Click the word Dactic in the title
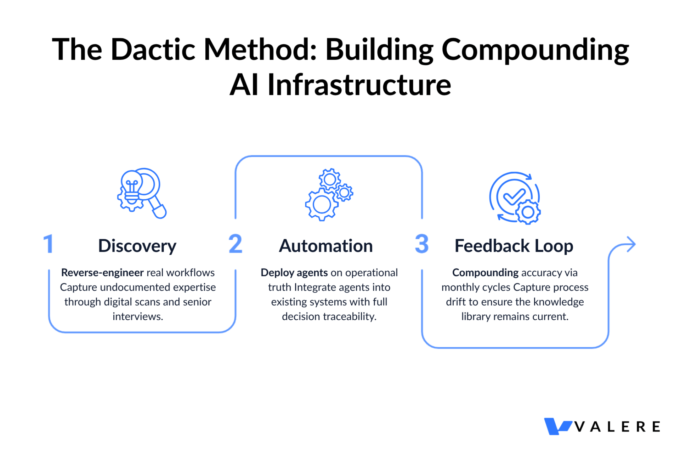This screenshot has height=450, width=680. coord(153,50)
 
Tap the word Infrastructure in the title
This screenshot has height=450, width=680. coord(359,85)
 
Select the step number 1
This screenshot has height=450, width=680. coord(49,244)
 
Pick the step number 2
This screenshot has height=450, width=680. coord(236,244)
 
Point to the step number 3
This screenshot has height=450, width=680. coord(422,244)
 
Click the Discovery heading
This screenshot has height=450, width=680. coord(137,246)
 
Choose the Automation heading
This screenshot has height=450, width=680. coord(326,246)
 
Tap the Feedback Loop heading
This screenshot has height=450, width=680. coord(514,246)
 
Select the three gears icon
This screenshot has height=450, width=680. coord(329,194)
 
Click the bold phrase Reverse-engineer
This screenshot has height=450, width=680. coord(102,273)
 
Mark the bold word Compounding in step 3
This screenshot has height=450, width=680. coord(485,273)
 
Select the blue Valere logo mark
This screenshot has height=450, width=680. coord(557,426)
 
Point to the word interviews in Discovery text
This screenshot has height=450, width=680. coord(137,316)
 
